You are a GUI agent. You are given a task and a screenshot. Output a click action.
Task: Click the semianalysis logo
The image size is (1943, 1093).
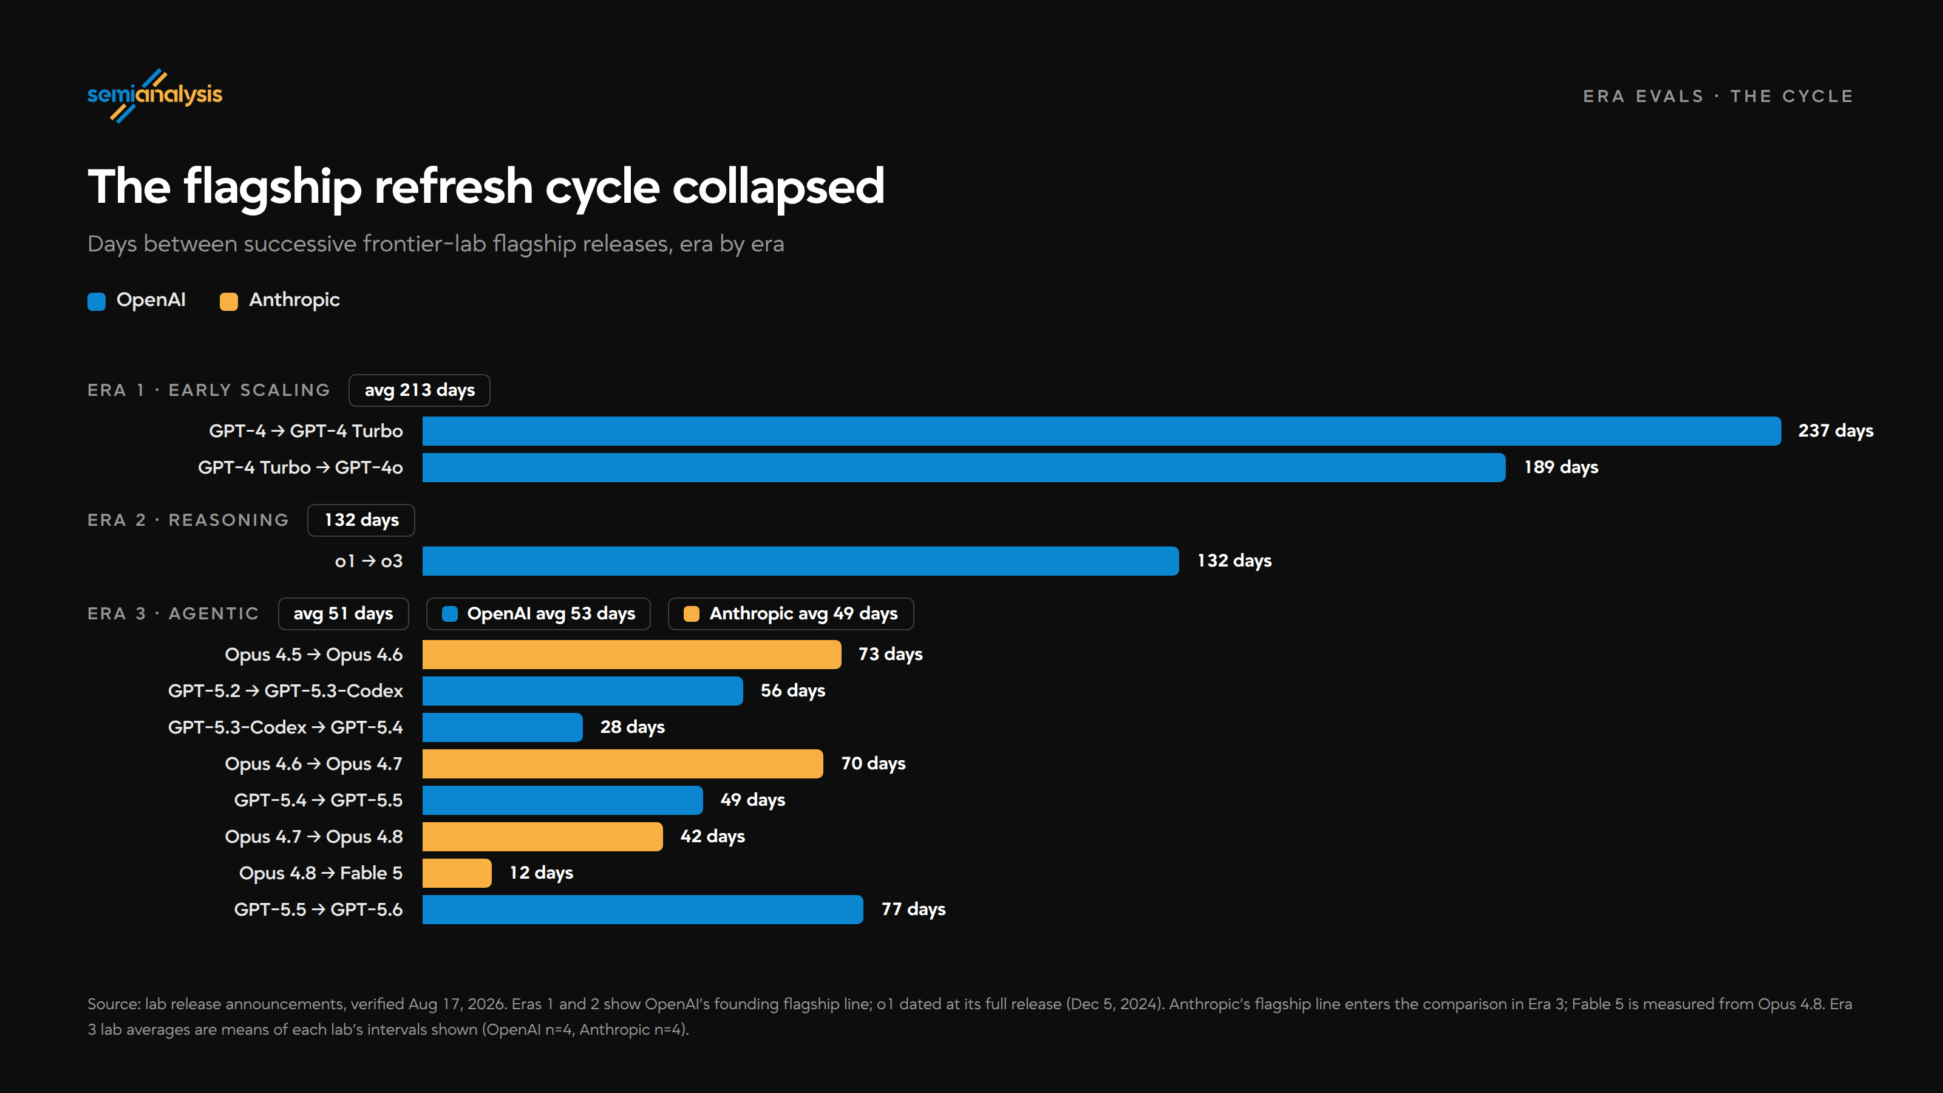[155, 96]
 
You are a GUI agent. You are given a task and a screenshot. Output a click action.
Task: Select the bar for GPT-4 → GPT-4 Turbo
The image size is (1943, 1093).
[1101, 431]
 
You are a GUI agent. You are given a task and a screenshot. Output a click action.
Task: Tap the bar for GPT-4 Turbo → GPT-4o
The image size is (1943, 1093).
[964, 467]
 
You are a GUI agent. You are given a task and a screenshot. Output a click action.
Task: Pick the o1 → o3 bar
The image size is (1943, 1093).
[800, 560]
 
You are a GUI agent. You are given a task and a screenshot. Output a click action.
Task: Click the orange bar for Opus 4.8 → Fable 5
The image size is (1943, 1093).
[457, 873]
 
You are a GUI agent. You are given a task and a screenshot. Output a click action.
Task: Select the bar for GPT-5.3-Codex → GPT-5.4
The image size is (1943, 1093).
[502, 727]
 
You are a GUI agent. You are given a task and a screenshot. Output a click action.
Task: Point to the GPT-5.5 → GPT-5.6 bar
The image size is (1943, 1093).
[642, 909]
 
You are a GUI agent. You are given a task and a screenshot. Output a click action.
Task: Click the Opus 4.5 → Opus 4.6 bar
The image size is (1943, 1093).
[631, 654]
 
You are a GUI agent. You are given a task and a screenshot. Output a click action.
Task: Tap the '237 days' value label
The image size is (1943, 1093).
[1835, 431]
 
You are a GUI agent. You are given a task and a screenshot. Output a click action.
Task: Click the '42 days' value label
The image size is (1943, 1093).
[713, 837]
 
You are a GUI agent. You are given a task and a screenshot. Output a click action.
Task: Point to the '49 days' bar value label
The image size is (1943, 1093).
[753, 800]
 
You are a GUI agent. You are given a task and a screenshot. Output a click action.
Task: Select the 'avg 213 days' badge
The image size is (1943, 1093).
[420, 390]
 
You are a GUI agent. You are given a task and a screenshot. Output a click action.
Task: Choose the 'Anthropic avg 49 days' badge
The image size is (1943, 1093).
[791, 613]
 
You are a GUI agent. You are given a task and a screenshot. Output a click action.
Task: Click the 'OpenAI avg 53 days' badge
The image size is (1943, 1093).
[539, 613]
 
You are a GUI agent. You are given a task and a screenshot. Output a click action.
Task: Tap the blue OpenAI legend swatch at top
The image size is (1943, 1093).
[97, 301]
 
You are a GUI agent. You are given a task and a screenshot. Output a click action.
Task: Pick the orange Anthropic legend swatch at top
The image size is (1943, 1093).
[228, 301]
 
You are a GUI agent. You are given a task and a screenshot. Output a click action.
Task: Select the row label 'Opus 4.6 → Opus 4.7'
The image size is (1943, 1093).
[314, 764]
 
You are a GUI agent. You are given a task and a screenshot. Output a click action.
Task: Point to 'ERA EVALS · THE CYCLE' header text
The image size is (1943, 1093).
[1718, 96]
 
